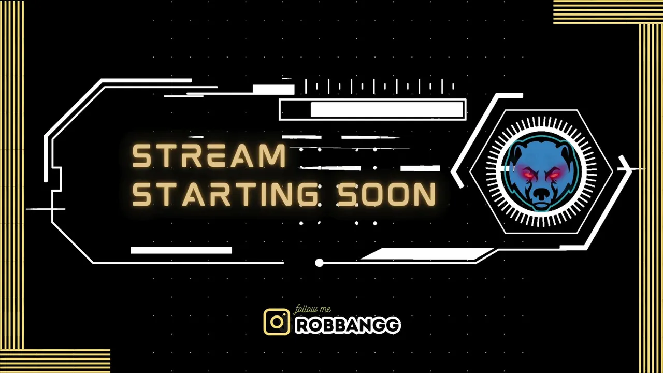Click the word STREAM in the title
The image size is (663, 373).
(x=209, y=156)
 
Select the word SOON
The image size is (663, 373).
(x=386, y=194)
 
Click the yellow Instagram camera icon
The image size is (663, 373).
(x=277, y=322)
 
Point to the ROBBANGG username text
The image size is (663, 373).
(x=348, y=325)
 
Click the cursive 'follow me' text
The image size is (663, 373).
(x=312, y=310)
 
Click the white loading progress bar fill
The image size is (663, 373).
(x=387, y=109)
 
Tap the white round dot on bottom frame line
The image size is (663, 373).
(x=319, y=263)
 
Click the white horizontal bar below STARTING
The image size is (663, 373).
(x=181, y=250)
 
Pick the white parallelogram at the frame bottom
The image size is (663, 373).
(x=428, y=254)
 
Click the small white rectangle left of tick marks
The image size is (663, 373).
(x=273, y=90)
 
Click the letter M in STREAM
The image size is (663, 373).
(x=273, y=156)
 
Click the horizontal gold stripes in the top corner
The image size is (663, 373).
(x=608, y=12)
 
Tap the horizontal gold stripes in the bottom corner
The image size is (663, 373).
(x=55, y=361)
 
